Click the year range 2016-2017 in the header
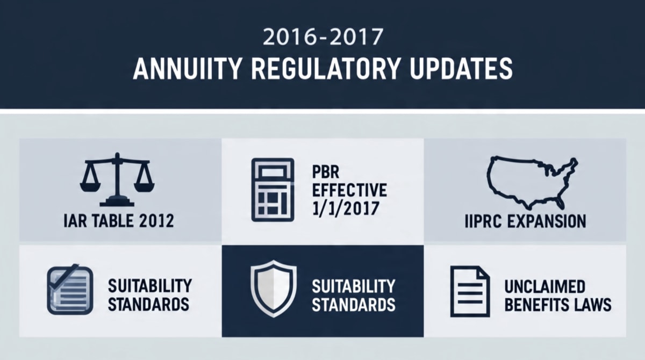coord(323,37)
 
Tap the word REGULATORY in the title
coord(326,69)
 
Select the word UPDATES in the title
coord(461,69)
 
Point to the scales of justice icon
coord(117,179)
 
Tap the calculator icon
coord(273,190)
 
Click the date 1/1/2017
coord(346,208)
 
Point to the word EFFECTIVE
coord(349,190)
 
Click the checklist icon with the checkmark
coord(70,289)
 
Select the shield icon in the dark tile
coord(273,289)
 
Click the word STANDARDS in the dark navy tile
coord(354,305)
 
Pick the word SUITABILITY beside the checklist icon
coord(150,286)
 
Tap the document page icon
coord(470,292)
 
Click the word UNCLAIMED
coord(545,286)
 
